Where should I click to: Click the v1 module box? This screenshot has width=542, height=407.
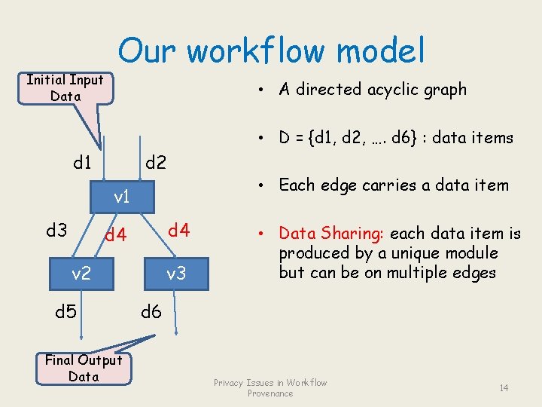121,197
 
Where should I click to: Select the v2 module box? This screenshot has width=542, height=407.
81,273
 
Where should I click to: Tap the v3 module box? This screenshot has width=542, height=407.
175,274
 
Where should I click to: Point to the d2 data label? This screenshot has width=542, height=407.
156,162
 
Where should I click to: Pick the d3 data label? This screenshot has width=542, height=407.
56,230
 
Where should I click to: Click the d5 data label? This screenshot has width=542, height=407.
66,311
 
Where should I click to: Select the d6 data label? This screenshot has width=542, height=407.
151,311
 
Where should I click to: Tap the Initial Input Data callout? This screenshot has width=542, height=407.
65,87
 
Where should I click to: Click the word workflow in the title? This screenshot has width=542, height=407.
257,51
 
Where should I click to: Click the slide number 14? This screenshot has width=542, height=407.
504,387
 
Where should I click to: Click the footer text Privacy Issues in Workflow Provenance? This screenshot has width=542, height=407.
270,387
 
